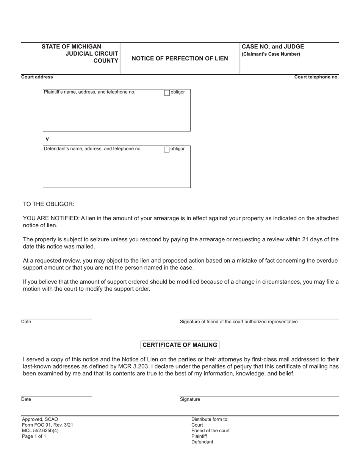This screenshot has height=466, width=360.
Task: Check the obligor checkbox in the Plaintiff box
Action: [x=167, y=93]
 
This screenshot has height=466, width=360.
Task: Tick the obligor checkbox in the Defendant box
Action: [x=167, y=149]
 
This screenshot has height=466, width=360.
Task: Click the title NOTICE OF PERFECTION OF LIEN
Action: [x=180, y=58]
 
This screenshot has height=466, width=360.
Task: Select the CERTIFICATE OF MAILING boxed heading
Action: [x=180, y=345]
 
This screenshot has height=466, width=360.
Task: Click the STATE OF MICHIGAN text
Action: [x=71, y=47]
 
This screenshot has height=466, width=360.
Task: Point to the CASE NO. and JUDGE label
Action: [x=273, y=47]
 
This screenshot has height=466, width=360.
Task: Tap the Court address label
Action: [x=37, y=77]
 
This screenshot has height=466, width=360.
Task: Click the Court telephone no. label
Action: [x=316, y=77]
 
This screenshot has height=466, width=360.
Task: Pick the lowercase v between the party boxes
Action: [x=47, y=139]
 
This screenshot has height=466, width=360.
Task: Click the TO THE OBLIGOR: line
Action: [x=49, y=204]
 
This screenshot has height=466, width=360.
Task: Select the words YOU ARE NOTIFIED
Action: [x=51, y=218]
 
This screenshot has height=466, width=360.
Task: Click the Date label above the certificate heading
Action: [x=26, y=322]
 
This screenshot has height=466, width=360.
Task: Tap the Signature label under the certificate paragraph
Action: [x=190, y=399]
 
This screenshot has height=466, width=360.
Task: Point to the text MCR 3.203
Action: [x=149, y=366]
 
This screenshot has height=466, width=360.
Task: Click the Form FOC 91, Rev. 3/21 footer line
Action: [x=47, y=425]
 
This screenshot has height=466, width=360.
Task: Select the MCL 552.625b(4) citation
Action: [x=40, y=430]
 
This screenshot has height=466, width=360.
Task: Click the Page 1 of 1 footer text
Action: [x=34, y=436]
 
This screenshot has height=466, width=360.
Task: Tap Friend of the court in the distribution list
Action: [x=210, y=430]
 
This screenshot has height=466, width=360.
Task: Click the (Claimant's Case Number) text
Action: [x=271, y=54]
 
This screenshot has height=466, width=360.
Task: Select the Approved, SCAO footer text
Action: [x=40, y=419]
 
